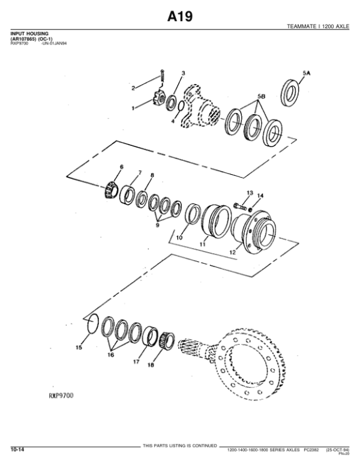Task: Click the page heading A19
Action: click(179, 16)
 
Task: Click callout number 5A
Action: click(306, 73)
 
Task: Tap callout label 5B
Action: click(262, 96)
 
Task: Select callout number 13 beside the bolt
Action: click(249, 192)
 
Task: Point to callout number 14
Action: click(260, 196)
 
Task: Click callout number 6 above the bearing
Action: click(121, 166)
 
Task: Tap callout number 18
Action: click(151, 365)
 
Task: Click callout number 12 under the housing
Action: click(232, 253)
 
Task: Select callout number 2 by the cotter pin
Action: click(134, 89)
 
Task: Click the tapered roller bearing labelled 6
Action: click(109, 190)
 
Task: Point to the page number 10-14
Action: click(17, 449)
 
